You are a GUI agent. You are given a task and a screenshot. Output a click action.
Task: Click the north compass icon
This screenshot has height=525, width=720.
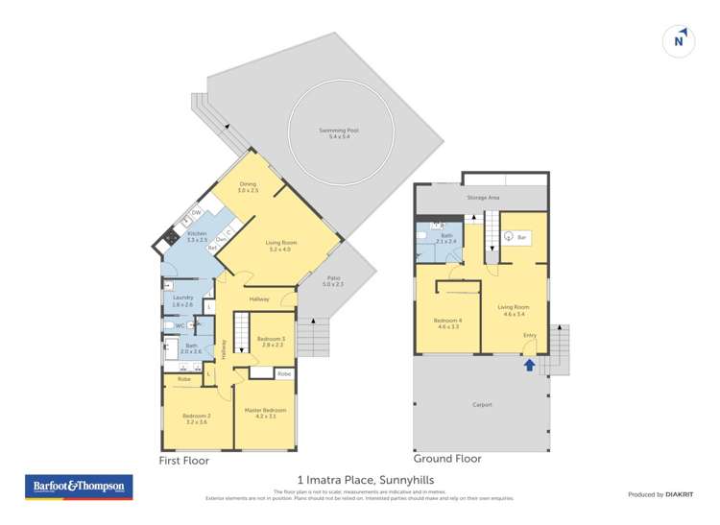[679, 40]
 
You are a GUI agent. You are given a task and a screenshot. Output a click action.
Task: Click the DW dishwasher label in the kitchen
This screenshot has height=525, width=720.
[196, 212]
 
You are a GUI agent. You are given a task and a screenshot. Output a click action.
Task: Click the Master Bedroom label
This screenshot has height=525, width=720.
[266, 412]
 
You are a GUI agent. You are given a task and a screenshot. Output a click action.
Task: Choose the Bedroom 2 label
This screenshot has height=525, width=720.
[196, 418]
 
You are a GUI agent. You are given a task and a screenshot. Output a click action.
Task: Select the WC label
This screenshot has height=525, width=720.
[179, 326]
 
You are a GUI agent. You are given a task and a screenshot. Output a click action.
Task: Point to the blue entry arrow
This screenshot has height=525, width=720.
[529, 365]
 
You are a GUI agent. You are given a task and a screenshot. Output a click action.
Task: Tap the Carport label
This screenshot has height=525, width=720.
[482, 404]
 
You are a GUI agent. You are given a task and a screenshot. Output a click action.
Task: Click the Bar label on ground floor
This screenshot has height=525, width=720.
[522, 236]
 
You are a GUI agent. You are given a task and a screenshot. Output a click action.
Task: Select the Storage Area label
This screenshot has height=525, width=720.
[483, 198]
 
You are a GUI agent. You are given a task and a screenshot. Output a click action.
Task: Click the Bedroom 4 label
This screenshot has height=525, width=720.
[446, 322]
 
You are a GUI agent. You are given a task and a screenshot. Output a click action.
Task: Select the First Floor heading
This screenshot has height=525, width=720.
[183, 461]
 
